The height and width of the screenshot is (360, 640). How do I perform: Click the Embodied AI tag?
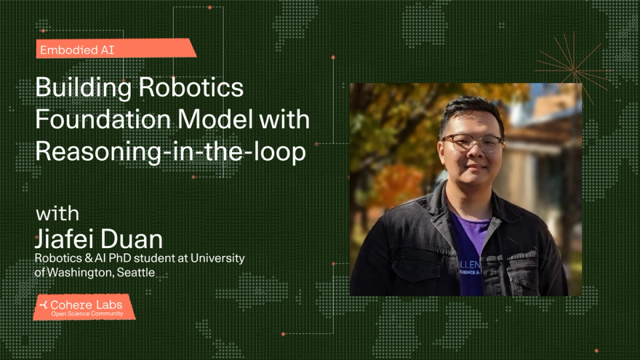point(77,49)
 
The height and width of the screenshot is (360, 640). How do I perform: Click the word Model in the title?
point(219,121)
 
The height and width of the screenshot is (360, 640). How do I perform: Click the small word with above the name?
point(57,214)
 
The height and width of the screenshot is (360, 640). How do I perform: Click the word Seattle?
point(137,272)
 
